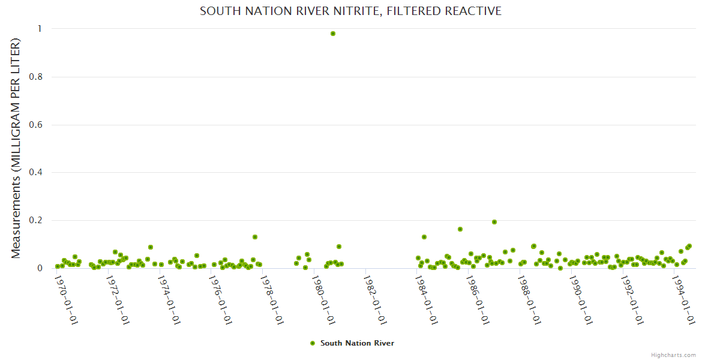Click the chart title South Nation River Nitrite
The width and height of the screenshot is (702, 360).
(x=350, y=11)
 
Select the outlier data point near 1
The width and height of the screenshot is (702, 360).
(x=333, y=34)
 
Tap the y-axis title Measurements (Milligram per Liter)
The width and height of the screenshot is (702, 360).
(x=16, y=148)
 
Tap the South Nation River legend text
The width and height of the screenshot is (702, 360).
(x=357, y=343)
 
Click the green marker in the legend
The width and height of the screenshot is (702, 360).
(x=312, y=343)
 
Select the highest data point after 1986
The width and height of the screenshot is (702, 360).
(x=494, y=222)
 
